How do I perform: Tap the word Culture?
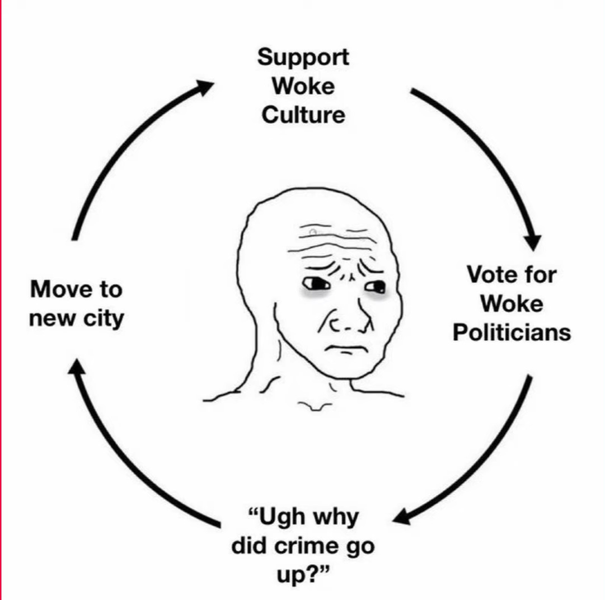(x=303, y=115)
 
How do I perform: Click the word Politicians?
(x=512, y=332)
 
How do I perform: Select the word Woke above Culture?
(x=303, y=87)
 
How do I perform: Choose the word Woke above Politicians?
(x=512, y=304)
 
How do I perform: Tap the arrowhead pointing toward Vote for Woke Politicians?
(x=533, y=242)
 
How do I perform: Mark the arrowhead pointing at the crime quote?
(x=402, y=517)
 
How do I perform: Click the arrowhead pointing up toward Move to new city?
(x=77, y=366)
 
